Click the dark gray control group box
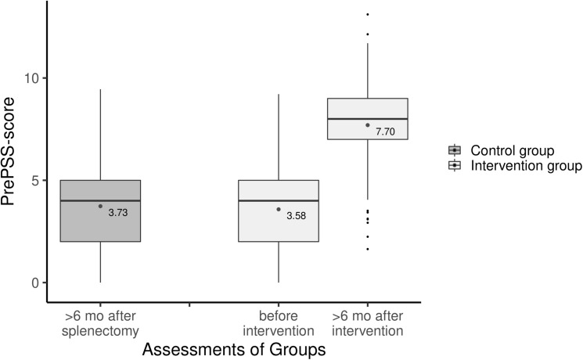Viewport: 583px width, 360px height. [x=100, y=211]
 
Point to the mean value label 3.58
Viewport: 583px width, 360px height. [x=296, y=216]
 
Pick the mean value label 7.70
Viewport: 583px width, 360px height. [x=385, y=132]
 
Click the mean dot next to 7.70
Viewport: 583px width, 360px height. [x=368, y=125]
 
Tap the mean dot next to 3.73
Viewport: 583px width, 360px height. [x=100, y=206]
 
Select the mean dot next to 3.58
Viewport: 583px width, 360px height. [x=279, y=209]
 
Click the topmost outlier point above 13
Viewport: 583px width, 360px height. [x=368, y=15]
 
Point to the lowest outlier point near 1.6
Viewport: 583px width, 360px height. [x=368, y=249]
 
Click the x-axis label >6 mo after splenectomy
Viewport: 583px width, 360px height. [x=100, y=324]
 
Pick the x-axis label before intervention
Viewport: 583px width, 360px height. [x=279, y=324]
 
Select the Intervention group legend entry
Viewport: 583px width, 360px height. [x=513, y=166]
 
